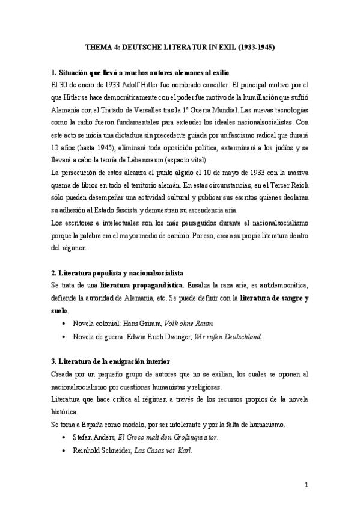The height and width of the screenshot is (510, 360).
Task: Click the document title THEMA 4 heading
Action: (180, 46)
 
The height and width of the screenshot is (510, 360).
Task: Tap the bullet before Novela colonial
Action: (64, 324)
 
